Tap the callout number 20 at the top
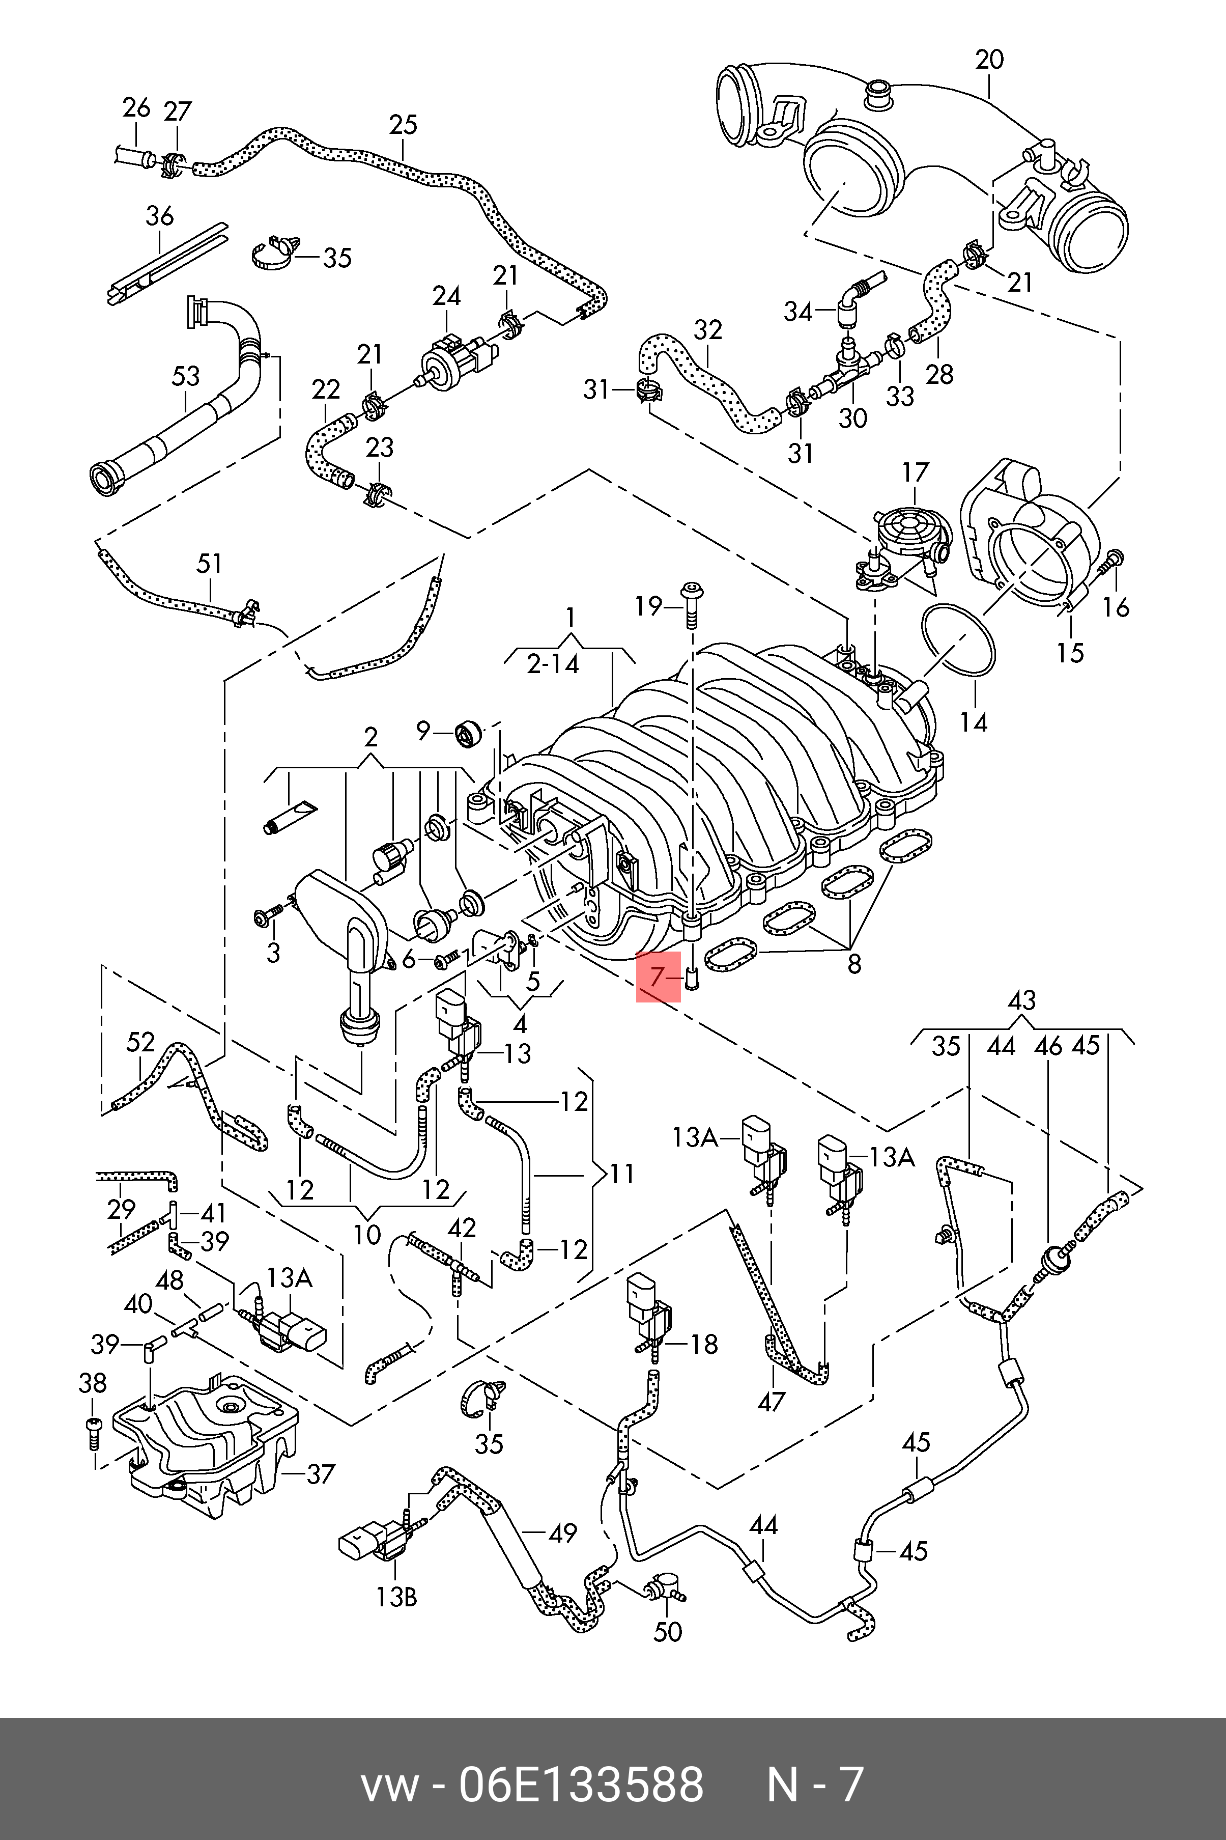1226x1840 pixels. click(x=989, y=60)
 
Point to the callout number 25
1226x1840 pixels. click(x=404, y=125)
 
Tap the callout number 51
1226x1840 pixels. click(x=210, y=564)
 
